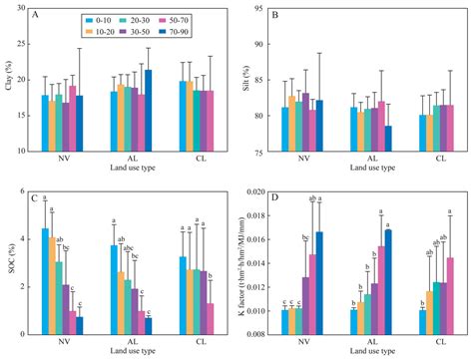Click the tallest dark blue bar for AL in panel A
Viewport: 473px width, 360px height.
[148, 117]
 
